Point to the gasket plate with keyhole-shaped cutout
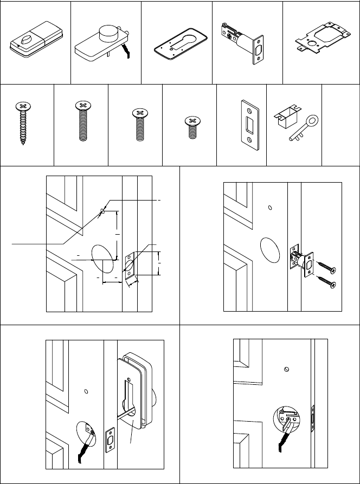177,42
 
